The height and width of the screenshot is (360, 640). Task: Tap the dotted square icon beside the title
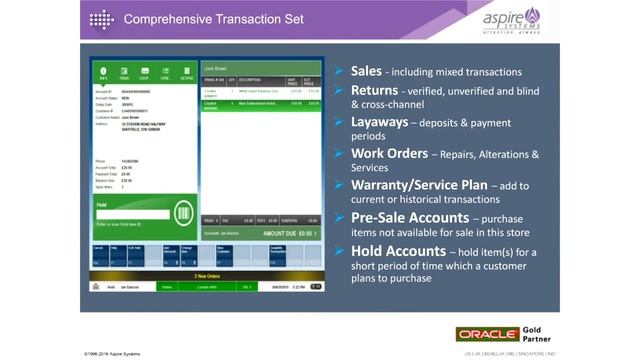[x=102, y=19]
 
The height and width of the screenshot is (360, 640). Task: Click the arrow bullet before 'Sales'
[x=340, y=72]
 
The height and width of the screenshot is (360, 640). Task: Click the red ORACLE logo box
[x=487, y=334]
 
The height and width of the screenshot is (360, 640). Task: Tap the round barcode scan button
[x=183, y=214]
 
